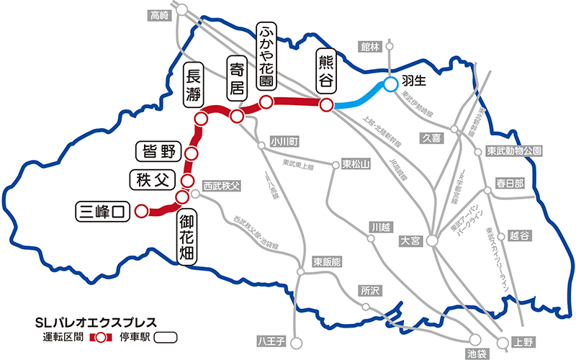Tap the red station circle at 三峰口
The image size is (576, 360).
point(141,211)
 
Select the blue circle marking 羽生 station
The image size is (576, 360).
point(390,85)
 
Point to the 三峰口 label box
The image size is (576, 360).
point(103,211)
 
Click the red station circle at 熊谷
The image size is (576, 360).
point(326,105)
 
